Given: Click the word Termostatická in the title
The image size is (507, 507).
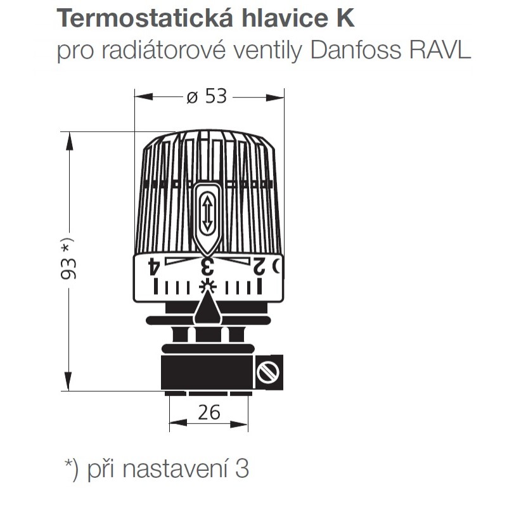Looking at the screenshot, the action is (145, 18).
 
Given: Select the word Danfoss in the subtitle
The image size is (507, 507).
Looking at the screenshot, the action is (356, 50).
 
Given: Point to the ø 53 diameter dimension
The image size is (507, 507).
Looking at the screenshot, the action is (207, 96).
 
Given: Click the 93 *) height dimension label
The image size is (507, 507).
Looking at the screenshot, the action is (68, 259).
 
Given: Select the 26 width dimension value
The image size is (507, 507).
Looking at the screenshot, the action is (209, 413).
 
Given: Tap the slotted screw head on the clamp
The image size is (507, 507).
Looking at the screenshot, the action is (267, 372).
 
